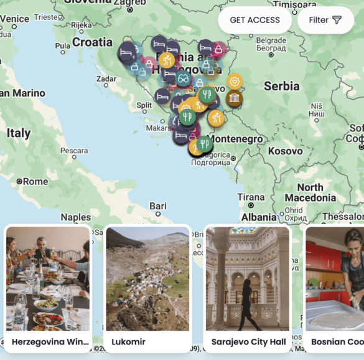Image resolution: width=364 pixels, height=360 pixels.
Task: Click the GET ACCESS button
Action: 254,20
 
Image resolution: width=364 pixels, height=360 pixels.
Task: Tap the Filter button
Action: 325,20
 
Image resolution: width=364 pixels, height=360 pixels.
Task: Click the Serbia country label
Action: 281,86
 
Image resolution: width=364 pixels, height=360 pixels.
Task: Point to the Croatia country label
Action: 92,42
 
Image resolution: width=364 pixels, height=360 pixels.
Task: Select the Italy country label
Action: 19,133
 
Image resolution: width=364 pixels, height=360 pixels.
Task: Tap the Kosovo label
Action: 285,151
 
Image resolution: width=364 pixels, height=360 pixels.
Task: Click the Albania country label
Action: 259,217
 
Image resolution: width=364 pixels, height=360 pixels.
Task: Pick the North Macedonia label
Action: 310,192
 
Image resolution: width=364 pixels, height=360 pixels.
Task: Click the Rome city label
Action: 35,181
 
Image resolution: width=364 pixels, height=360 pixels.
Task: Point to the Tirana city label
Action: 251,197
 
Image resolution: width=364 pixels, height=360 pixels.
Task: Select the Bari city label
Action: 158,206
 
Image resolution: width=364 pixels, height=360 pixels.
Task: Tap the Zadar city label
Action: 106,79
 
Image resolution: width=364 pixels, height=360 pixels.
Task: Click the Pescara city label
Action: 73,150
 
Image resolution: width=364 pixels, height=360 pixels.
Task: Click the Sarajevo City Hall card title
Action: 248,341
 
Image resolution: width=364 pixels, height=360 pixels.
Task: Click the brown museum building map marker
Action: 235,98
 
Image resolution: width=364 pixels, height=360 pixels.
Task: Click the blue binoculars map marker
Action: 183,78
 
